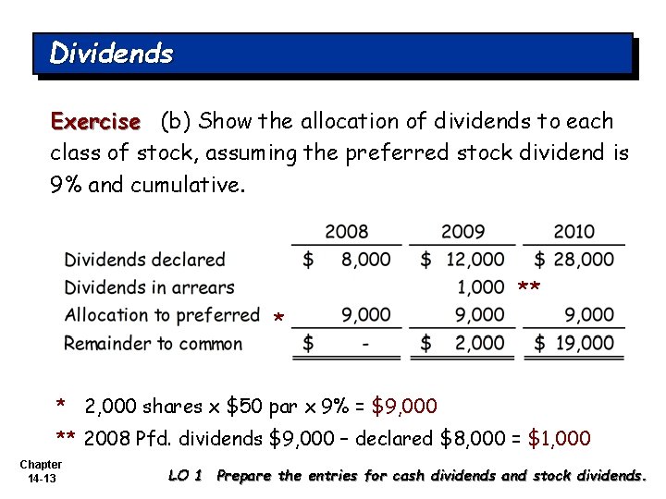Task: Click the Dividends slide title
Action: pyautogui.click(x=111, y=54)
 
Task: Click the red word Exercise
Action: pyautogui.click(x=95, y=121)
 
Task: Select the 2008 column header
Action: pyautogui.click(x=347, y=231)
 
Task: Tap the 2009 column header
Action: pyautogui.click(x=463, y=231)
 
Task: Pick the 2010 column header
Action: pyautogui.click(x=573, y=231)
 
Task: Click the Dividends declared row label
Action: pyautogui.click(x=144, y=260)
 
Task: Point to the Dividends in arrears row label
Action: pyautogui.click(x=149, y=287)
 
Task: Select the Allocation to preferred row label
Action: pyautogui.click(x=162, y=315)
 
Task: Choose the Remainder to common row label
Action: pyautogui.click(x=153, y=344)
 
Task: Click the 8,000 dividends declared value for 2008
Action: pyautogui.click(x=365, y=260)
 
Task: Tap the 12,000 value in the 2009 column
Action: pyautogui.click(x=474, y=260)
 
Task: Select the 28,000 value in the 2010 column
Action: pyautogui.click(x=584, y=260)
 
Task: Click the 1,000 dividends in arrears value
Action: pyautogui.click(x=480, y=287)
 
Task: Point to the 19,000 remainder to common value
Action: pyautogui.click(x=584, y=344)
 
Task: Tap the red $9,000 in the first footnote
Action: pyautogui.click(x=403, y=406)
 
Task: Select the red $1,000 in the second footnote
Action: pyautogui.click(x=559, y=438)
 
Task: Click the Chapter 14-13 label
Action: pyautogui.click(x=40, y=471)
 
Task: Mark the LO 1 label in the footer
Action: pyautogui.click(x=185, y=476)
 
